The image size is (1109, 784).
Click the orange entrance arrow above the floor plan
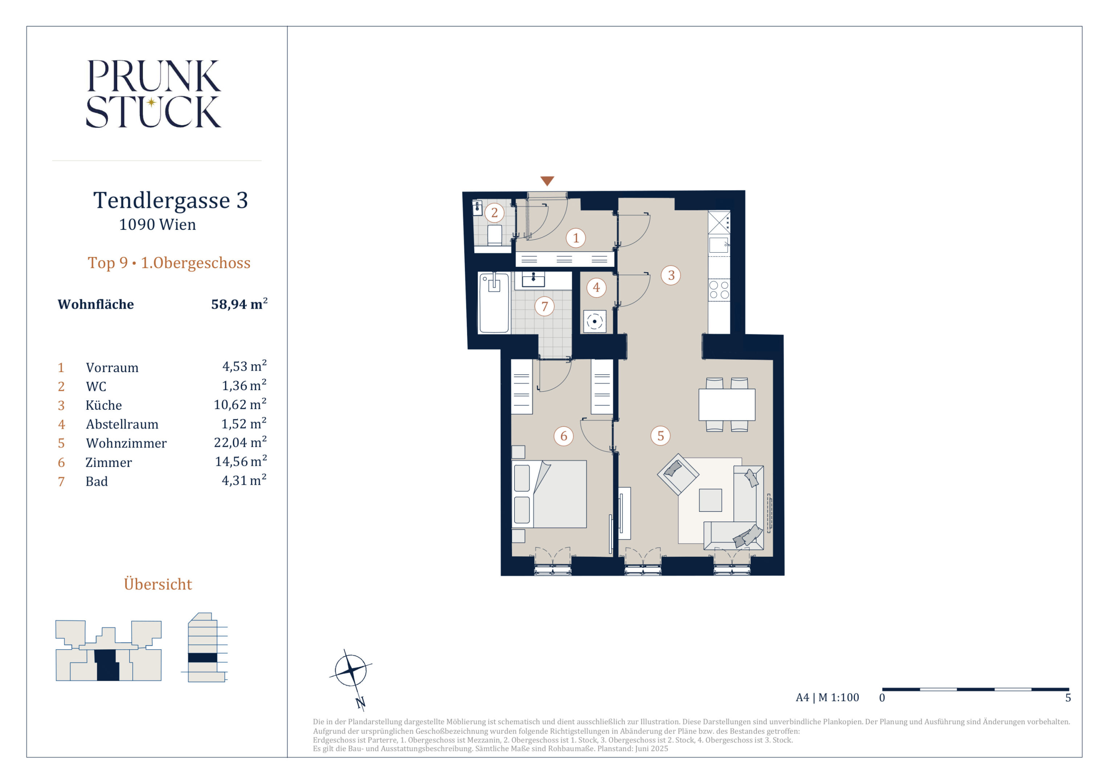pos(547,181)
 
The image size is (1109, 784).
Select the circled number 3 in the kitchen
pos(671,275)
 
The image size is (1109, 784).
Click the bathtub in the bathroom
pos(494,303)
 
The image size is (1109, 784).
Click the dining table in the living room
pos(727,405)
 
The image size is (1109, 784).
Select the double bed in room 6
pos(549,494)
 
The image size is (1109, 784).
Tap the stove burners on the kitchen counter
pos(719,290)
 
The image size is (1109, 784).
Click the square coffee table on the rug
pos(710,500)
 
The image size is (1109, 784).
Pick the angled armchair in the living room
pos(678,474)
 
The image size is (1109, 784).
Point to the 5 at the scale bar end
pos(1068,698)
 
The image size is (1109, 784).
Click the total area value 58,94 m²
pos(239,304)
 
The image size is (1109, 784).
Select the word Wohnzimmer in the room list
pos(126,443)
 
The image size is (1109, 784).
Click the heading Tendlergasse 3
pos(171,200)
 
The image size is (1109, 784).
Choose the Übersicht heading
pos(158,584)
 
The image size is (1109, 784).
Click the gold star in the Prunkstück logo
pos(151,102)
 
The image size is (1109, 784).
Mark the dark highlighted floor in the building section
pos(202,657)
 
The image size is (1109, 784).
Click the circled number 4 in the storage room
pos(596,287)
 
